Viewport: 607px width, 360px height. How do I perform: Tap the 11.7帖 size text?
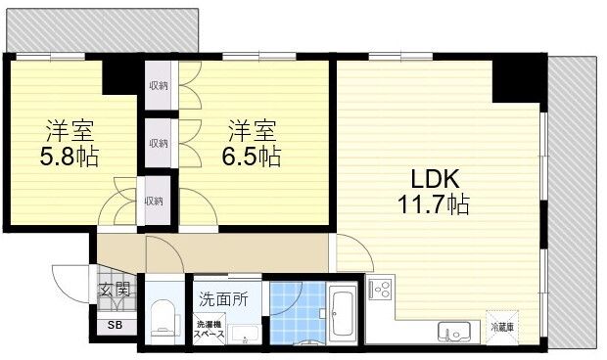coord(433,205)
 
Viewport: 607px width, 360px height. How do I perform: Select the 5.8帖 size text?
coord(68,156)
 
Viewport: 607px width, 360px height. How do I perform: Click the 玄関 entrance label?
coord(115,289)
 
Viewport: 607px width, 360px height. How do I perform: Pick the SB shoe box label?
coord(115,325)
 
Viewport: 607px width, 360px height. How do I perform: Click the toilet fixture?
coord(163,318)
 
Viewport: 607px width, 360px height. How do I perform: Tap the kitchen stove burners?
coord(379,291)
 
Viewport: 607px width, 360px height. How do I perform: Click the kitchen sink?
coord(454,331)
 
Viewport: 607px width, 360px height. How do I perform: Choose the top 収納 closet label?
coord(158,85)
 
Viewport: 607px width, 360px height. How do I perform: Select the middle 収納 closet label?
coord(158,143)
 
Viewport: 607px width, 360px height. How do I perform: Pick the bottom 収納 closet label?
coord(154,201)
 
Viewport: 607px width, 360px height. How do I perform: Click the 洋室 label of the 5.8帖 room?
coord(68,130)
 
